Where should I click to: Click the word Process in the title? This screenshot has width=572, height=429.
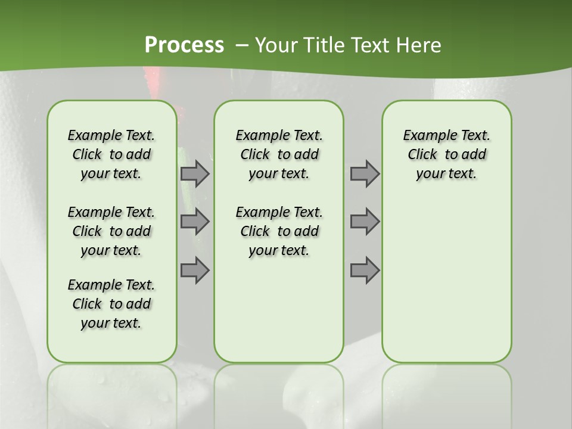[x=184, y=45]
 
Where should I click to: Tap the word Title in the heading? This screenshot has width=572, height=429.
[x=324, y=45]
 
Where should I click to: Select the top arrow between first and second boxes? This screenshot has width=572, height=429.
[x=195, y=173]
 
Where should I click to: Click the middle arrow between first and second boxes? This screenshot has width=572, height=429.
[x=195, y=222]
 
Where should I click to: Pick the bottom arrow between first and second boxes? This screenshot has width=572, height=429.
[x=195, y=270]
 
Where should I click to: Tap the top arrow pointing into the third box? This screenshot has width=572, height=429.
[x=365, y=173]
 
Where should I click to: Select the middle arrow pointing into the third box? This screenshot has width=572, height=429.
[x=365, y=222]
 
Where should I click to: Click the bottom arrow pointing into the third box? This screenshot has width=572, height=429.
[x=365, y=270]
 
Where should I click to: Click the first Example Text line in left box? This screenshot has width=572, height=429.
[x=111, y=135]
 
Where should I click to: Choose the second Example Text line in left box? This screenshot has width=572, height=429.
[x=111, y=212]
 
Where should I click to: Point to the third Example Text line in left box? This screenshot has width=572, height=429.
[x=111, y=285]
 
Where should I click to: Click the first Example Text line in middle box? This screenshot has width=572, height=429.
[x=279, y=135]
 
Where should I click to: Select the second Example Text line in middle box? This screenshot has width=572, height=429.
[x=279, y=212]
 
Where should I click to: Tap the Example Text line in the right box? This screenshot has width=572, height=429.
[x=447, y=135]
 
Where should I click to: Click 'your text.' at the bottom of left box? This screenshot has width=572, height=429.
[x=111, y=323]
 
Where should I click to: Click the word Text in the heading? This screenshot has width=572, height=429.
[x=369, y=45]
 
